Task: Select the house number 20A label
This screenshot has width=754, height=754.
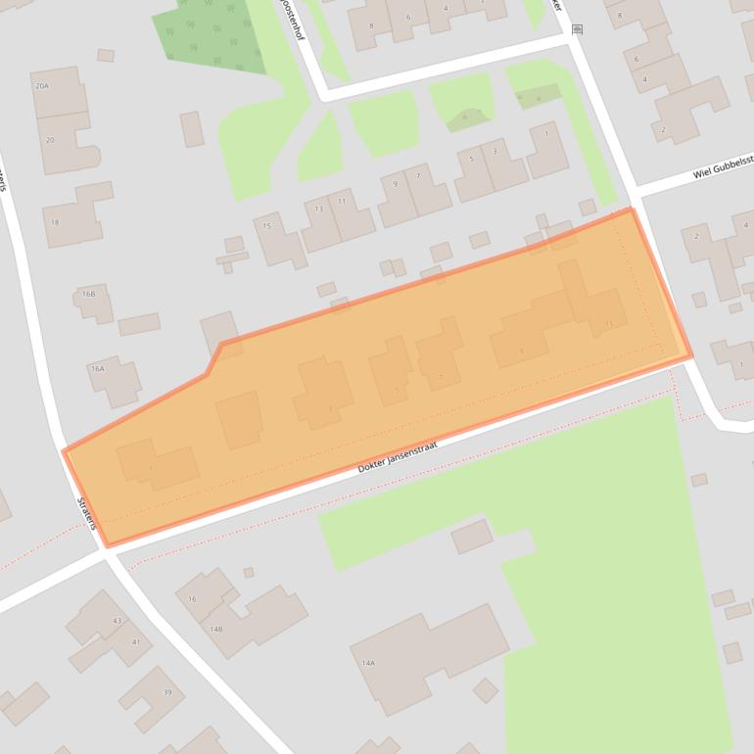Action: click(x=41, y=87)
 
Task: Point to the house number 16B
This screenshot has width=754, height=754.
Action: click(x=88, y=294)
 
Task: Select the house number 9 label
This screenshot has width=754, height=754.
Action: click(x=396, y=184)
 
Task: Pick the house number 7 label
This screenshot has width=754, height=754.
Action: click(x=418, y=176)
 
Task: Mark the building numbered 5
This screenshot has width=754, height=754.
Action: click(x=471, y=159)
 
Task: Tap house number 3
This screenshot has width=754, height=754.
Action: click(x=495, y=151)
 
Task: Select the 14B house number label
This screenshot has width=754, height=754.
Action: click(x=215, y=629)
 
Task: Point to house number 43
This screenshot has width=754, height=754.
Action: click(x=117, y=621)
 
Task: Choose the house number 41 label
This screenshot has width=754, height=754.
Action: click(x=135, y=642)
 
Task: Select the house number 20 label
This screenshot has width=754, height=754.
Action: click(x=50, y=140)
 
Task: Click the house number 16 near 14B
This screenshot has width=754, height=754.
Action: click(x=192, y=598)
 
